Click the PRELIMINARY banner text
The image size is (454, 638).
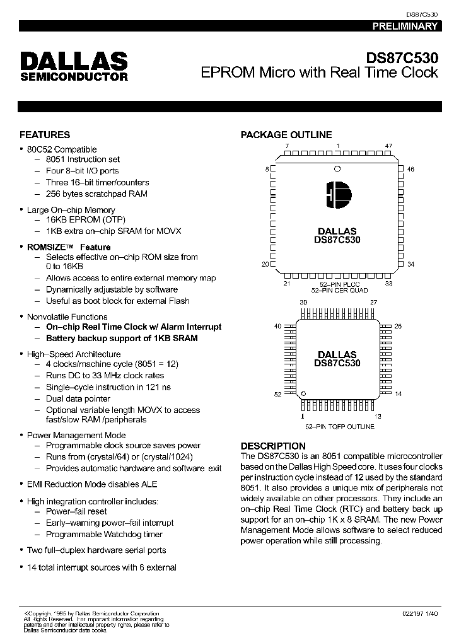pyautogui.click(x=404, y=26)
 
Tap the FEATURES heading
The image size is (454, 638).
pyautogui.click(x=45, y=134)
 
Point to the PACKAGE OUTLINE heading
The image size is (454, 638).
pyautogui.click(x=286, y=134)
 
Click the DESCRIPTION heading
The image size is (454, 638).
pyautogui.click(x=273, y=446)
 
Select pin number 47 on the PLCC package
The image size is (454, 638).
pyautogui.click(x=388, y=146)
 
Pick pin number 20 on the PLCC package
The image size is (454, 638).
pyautogui.click(x=265, y=264)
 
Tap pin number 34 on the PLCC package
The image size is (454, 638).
pyautogui.click(x=410, y=264)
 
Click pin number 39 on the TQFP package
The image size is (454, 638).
pyautogui.click(x=303, y=303)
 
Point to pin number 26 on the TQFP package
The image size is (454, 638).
pyautogui.click(x=398, y=326)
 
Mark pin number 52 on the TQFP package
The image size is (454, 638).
pyautogui.click(x=277, y=394)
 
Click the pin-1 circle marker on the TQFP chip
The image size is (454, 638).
pyautogui.click(x=303, y=393)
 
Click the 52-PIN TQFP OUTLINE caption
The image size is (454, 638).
pyautogui.click(x=339, y=427)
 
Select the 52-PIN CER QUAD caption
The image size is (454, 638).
pyautogui.click(x=339, y=290)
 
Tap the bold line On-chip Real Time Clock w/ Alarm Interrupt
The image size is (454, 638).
pyautogui.click(x=134, y=327)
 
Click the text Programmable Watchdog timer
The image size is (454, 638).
pyautogui.click(x=104, y=534)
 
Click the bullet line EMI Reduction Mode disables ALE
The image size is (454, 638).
pyautogui.click(x=92, y=484)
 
